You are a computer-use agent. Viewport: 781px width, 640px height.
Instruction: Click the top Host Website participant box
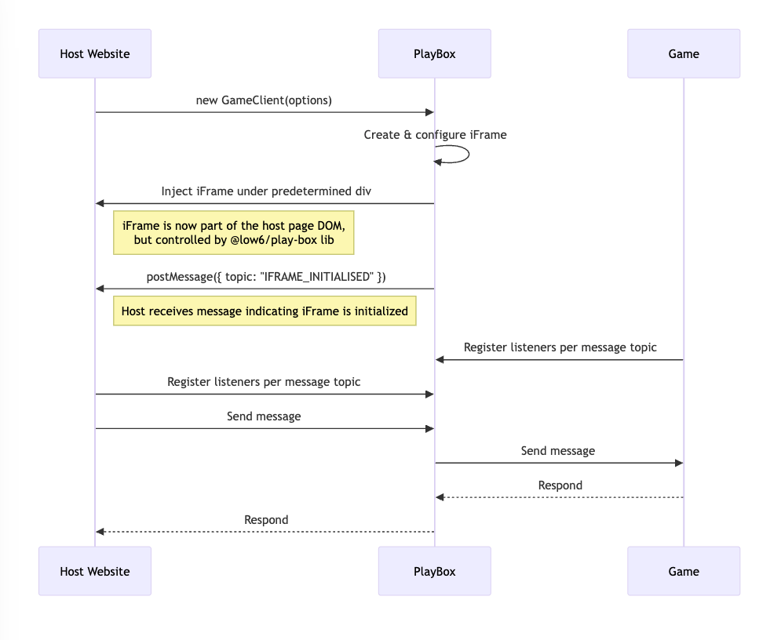[95, 54]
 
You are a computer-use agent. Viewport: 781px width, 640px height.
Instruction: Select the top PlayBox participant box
[434, 54]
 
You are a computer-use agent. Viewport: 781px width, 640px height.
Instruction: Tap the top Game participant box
[683, 54]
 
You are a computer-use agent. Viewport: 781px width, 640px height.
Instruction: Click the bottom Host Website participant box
[95, 571]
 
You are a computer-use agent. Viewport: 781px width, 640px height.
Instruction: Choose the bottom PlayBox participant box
[434, 571]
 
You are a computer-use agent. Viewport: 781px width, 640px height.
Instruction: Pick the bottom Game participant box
[683, 571]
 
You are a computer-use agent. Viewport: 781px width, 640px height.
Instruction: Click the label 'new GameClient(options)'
[264, 100]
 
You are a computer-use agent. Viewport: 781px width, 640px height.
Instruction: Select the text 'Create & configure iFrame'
[435, 135]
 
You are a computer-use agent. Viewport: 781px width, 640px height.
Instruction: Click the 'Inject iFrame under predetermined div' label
[266, 191]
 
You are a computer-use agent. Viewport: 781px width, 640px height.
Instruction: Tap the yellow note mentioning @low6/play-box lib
[234, 233]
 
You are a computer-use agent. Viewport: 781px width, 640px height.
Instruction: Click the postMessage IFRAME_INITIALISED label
[266, 277]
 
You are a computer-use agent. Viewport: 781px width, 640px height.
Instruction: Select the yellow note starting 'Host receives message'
[265, 311]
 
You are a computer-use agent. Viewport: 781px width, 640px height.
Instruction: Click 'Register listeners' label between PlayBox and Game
[560, 347]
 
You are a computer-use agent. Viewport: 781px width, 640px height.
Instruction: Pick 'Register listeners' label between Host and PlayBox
[264, 382]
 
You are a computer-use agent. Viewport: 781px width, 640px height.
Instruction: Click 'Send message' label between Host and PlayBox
[264, 416]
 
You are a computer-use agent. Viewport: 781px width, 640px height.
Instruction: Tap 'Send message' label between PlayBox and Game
[558, 451]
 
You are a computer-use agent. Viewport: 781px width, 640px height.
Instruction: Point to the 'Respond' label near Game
[560, 485]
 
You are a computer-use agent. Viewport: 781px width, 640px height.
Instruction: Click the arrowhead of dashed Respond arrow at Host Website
[100, 532]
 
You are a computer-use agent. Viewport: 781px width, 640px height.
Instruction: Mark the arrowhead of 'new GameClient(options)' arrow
[429, 112]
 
